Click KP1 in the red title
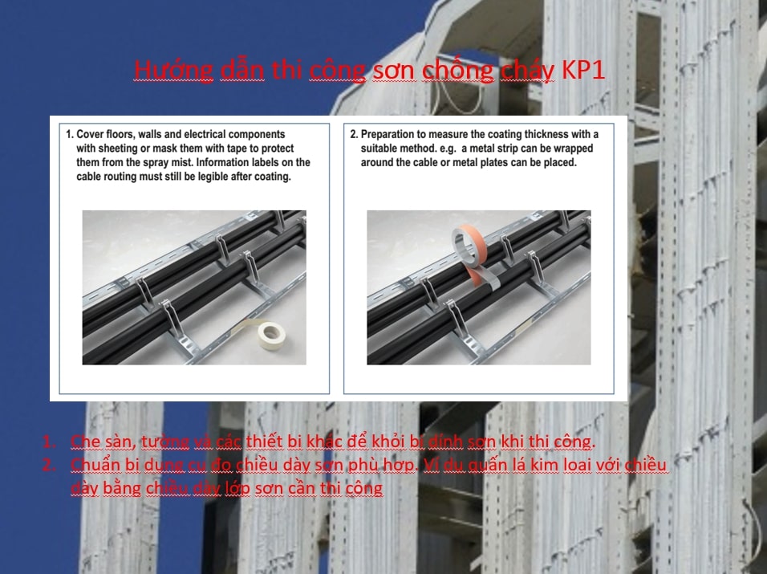point(583,69)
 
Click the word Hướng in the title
point(173,70)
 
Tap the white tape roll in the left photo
point(272,335)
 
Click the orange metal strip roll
point(468,242)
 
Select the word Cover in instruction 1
point(91,134)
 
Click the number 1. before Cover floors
point(70,134)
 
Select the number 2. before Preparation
point(354,134)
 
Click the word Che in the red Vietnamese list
point(85,442)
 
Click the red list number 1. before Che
point(49,442)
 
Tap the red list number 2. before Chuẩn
point(49,465)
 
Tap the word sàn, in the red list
point(120,442)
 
